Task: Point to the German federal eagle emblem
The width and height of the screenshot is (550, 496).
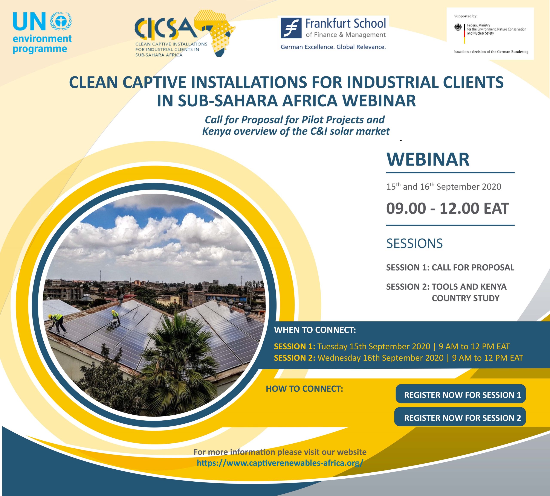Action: click(458, 27)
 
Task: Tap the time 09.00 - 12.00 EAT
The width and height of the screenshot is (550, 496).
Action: click(448, 208)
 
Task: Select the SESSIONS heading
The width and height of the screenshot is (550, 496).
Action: click(414, 243)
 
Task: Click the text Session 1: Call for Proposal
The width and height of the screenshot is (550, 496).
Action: click(450, 267)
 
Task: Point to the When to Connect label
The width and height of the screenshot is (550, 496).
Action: click(315, 330)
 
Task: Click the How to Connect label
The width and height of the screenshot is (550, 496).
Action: click(304, 389)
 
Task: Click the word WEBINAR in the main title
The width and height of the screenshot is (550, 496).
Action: click(379, 100)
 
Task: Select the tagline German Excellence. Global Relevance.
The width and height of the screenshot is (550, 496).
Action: click(333, 47)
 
